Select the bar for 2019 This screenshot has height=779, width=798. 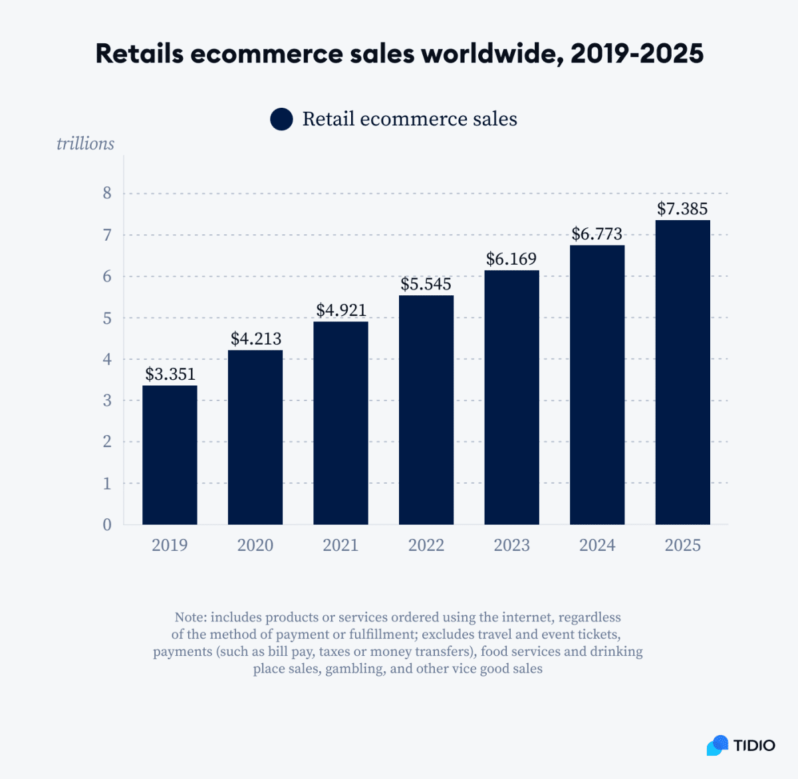[x=170, y=455]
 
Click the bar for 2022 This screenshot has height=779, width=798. [x=426, y=410]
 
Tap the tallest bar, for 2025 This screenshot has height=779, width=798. [x=682, y=373]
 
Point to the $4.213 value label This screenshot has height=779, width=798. [x=255, y=339]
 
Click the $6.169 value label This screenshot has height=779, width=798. [x=511, y=259]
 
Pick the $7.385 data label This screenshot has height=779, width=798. [x=682, y=209]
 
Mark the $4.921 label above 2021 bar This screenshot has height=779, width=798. [x=340, y=310]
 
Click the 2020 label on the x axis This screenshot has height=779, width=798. [x=255, y=545]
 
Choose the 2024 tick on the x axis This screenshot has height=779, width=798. [x=597, y=545]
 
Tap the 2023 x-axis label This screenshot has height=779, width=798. [x=511, y=545]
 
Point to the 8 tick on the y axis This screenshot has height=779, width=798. [x=107, y=194]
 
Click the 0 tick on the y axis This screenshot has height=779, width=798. [x=107, y=525]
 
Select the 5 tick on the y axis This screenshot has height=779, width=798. [x=107, y=318]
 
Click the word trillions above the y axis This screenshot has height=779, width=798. [x=85, y=144]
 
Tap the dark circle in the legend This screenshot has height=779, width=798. [x=281, y=120]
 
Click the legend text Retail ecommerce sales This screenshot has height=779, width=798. [x=410, y=119]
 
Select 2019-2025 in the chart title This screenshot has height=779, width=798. [x=636, y=53]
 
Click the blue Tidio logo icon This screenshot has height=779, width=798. [x=718, y=745]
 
